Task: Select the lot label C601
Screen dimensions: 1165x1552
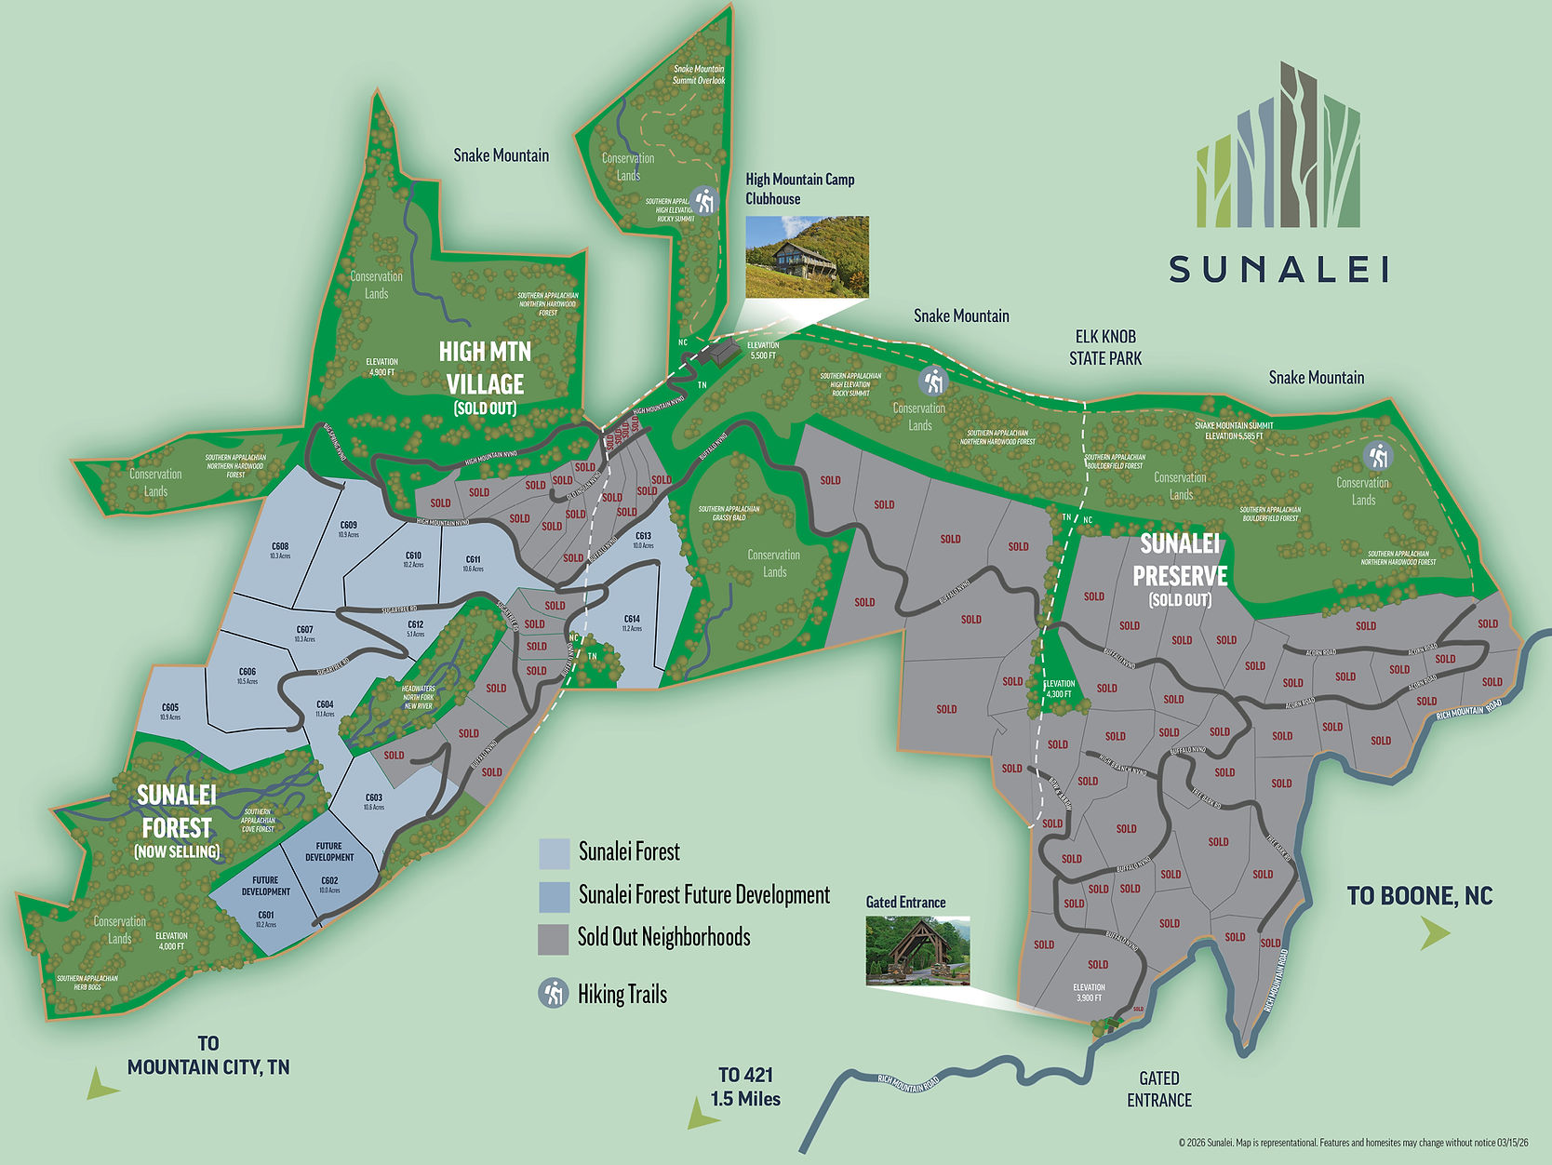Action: (x=266, y=917)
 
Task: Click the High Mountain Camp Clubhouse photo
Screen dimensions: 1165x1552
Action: (x=808, y=257)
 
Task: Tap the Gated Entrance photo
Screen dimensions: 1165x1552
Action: (x=917, y=950)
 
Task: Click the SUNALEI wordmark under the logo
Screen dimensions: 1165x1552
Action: (x=1279, y=270)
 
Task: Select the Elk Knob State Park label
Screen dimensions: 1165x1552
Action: (x=1105, y=347)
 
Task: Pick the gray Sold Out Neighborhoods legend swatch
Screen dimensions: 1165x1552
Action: (x=555, y=939)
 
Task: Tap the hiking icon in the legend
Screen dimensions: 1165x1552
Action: (x=555, y=994)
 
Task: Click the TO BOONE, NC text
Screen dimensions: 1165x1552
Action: (x=1420, y=896)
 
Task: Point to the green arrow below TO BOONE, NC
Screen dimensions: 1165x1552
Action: (x=1434, y=933)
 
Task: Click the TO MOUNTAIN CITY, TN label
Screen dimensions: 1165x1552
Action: (x=208, y=1056)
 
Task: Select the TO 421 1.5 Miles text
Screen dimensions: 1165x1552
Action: (x=746, y=1087)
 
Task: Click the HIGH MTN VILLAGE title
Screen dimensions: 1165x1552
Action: (x=485, y=368)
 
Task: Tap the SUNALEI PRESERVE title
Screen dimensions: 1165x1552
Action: (x=1180, y=560)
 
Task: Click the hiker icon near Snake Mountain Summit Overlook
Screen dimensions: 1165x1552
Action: (x=705, y=200)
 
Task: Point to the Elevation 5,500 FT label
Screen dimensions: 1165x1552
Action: (x=762, y=350)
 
